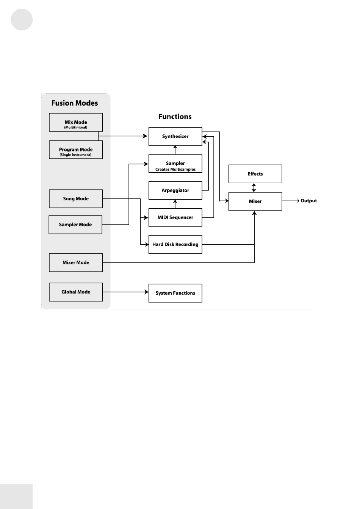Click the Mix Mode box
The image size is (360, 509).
[76, 122]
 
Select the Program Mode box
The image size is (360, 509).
[76, 150]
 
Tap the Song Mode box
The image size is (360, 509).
[76, 198]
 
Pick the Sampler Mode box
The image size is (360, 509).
[75, 225]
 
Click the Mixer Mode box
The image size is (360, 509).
[76, 262]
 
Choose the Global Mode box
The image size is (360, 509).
[76, 292]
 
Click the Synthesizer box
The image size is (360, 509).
[175, 136]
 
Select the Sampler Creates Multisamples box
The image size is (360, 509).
[175, 163]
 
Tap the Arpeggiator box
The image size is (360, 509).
[175, 190]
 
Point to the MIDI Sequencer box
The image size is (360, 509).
[175, 217]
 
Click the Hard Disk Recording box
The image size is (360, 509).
[175, 245]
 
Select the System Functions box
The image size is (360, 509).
[175, 293]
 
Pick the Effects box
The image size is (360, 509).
[255, 174]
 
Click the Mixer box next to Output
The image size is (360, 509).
[255, 201]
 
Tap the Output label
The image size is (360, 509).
[308, 201]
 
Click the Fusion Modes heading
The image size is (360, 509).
[75, 103]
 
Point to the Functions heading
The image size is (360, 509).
[175, 117]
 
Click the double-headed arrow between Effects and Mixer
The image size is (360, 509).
[254, 188]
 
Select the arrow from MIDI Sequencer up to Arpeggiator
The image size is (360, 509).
[175, 204]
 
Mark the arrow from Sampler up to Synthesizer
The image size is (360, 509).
[175, 150]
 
